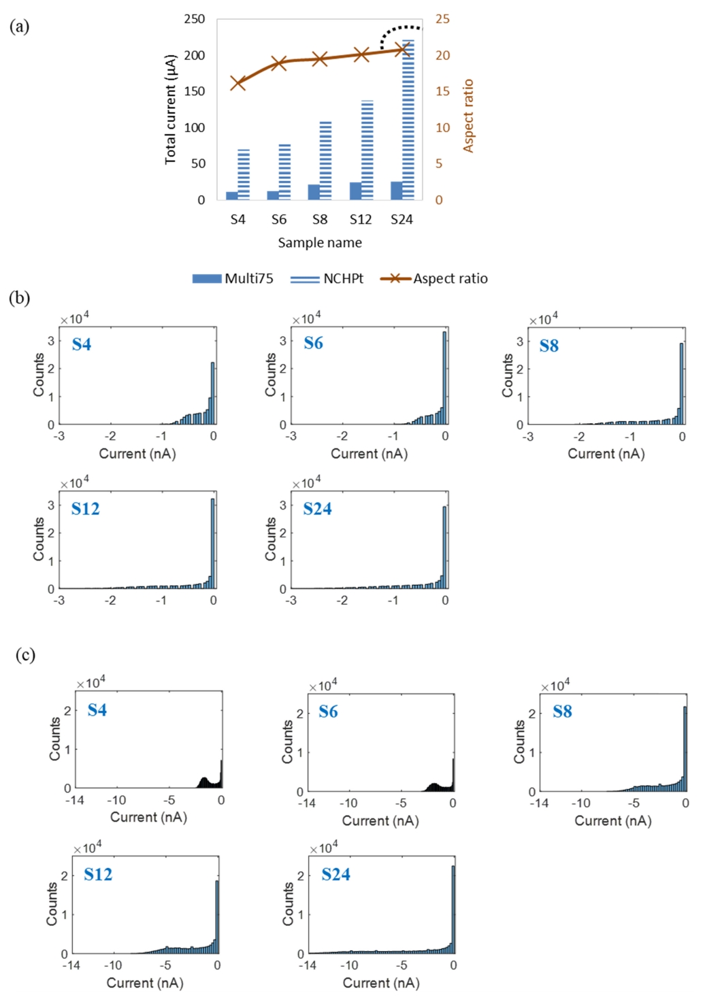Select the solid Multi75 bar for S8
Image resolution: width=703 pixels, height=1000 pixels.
click(x=314, y=192)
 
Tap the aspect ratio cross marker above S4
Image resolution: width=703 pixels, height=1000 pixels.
click(x=238, y=84)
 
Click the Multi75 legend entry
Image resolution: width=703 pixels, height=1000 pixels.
click(x=233, y=278)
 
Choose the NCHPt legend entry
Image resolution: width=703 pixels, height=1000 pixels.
click(x=327, y=278)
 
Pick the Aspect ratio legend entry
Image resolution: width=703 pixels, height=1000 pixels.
click(x=434, y=278)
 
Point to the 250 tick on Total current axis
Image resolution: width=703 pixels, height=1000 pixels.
click(x=195, y=19)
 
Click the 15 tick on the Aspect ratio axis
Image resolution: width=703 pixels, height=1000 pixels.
click(x=442, y=91)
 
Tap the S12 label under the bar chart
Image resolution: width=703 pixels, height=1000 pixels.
click(x=361, y=219)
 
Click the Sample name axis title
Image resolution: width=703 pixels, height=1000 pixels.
click(x=320, y=243)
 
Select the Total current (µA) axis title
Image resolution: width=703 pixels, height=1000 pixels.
click(x=170, y=110)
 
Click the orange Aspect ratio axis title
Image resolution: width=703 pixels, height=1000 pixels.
click(x=468, y=116)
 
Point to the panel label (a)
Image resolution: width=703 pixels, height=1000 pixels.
click(x=19, y=27)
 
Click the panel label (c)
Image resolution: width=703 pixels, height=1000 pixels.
click(x=25, y=654)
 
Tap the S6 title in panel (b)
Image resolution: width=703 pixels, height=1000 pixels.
click(x=314, y=343)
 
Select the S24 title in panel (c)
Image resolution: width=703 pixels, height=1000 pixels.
click(x=336, y=874)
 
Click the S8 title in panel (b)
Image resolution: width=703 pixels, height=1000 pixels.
click(x=549, y=346)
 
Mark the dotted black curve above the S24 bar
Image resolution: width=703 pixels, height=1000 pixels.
click(x=399, y=30)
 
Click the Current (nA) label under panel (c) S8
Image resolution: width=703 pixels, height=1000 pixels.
click(x=612, y=820)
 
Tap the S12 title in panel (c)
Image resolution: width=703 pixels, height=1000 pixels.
click(x=98, y=874)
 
